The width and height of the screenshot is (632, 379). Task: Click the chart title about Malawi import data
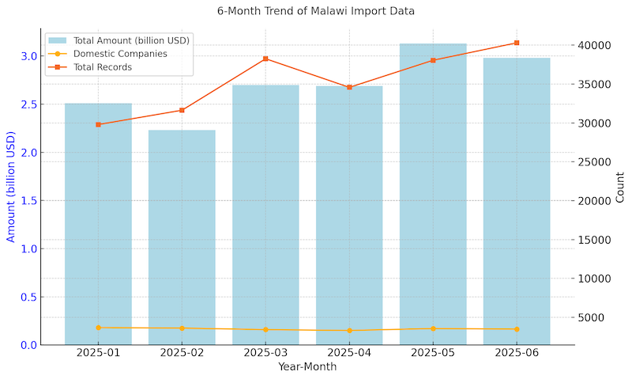(316, 11)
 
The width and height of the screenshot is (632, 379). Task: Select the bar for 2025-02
(182, 237)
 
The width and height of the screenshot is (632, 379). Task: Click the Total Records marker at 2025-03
(265, 59)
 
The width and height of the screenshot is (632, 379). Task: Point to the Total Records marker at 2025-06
(517, 43)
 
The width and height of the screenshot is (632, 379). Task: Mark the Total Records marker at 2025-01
(98, 124)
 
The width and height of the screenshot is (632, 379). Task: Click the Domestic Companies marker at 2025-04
(349, 331)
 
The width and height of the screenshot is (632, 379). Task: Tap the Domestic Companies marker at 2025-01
(98, 328)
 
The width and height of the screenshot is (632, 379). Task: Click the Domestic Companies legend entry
(119, 54)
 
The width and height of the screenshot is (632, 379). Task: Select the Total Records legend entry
(102, 67)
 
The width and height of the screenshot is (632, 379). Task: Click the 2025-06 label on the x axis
(517, 354)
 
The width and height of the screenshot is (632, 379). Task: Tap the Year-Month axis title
(307, 367)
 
